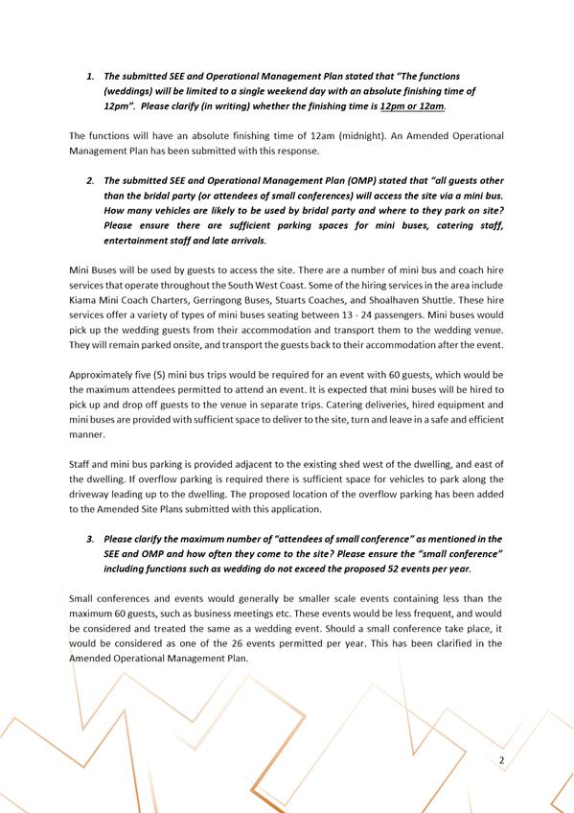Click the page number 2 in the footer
501,761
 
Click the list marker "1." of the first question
91,75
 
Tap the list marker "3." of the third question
91,539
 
